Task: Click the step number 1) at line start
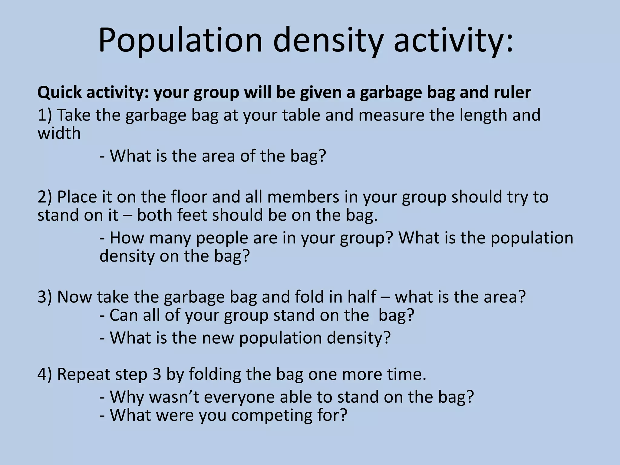click(45, 115)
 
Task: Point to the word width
click(59, 134)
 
